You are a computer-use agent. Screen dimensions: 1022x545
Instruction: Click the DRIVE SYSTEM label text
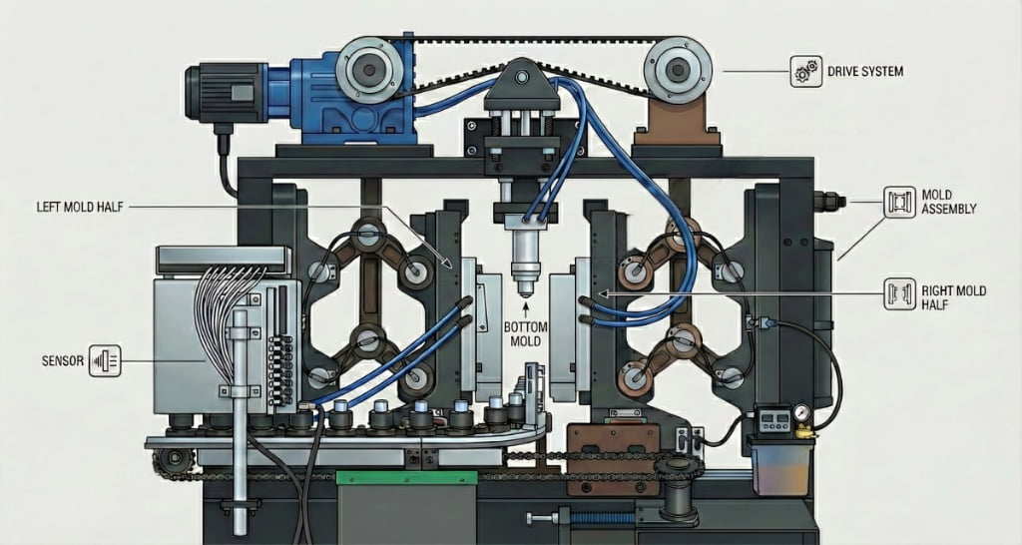point(865,71)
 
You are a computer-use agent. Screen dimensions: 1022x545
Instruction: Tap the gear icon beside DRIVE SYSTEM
point(805,71)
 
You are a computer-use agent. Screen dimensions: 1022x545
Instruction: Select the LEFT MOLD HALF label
point(80,208)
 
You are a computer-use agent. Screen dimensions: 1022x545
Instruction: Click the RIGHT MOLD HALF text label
point(953,297)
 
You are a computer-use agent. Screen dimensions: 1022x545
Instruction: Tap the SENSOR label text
point(63,360)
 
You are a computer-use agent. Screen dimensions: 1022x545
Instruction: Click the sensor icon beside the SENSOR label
point(105,360)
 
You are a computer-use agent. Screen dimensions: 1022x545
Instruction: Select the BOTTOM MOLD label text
point(525,334)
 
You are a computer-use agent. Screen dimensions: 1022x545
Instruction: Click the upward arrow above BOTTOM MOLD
point(525,308)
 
